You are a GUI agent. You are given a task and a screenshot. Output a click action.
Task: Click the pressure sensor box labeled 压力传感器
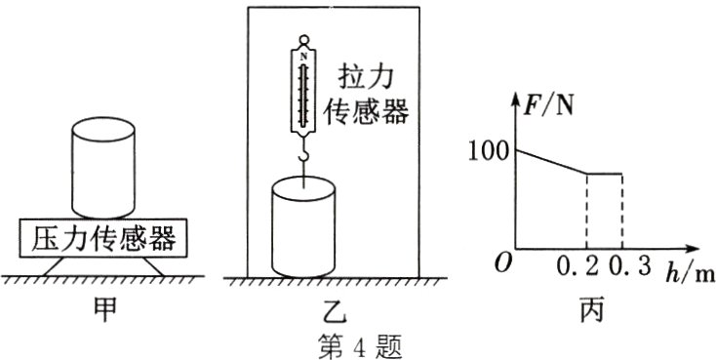pos(103,238)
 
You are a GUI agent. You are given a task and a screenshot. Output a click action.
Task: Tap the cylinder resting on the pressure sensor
pos(103,168)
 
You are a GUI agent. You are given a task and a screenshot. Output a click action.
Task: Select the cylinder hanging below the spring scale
pos(303,227)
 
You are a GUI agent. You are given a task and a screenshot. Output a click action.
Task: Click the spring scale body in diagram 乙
pos(303,89)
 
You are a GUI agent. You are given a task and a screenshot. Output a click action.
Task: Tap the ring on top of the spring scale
pos(303,40)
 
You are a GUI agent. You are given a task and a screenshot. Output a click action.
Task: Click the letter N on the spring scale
pos(303,57)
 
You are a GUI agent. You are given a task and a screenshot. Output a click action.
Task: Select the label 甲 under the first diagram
pos(104,309)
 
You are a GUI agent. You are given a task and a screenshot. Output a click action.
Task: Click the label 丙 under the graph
pos(592,310)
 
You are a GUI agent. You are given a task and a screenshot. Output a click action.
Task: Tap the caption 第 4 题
pos(360,346)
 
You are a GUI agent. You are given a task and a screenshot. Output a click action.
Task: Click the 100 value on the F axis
pos(488,151)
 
